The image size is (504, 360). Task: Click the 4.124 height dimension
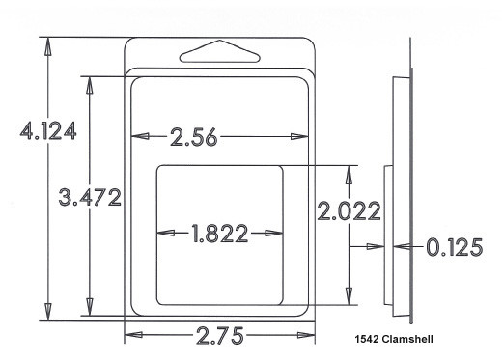(48, 130)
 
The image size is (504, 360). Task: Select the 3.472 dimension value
(90, 197)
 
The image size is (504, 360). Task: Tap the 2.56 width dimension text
(194, 137)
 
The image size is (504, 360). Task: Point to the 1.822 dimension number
(220, 234)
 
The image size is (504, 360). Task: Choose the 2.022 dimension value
(349, 210)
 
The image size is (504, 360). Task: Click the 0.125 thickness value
(455, 247)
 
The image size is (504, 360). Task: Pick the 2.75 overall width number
(220, 335)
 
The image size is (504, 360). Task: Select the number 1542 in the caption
(367, 339)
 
